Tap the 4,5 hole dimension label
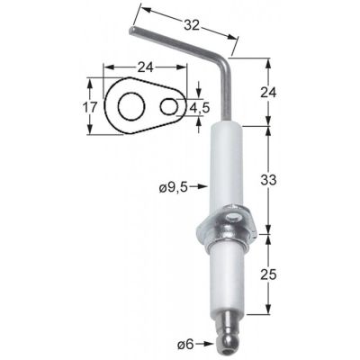200,107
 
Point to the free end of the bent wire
133,32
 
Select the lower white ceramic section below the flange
231,283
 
